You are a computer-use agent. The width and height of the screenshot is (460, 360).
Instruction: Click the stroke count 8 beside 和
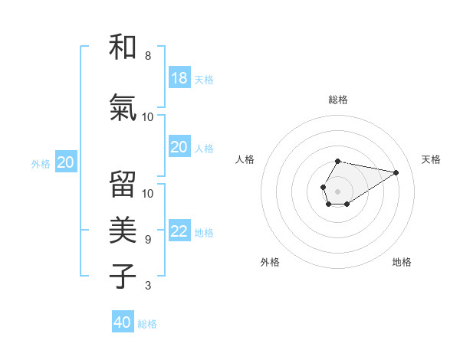[x=147, y=56]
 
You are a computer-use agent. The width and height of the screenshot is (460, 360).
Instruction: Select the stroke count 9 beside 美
[x=147, y=240]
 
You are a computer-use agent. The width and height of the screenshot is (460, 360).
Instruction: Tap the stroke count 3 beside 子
[x=147, y=286]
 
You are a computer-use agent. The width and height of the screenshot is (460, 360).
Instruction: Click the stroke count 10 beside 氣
[x=147, y=117]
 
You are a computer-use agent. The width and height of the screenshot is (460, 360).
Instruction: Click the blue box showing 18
[x=179, y=78]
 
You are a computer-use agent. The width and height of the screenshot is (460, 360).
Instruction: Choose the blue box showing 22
[x=179, y=232]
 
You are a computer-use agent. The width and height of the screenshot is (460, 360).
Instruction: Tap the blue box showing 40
[x=123, y=322]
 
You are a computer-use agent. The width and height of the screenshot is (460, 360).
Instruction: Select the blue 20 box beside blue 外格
[x=65, y=162]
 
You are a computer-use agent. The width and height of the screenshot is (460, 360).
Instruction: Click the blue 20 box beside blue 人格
[x=179, y=147]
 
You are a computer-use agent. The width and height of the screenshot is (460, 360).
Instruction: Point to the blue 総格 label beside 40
[x=147, y=324]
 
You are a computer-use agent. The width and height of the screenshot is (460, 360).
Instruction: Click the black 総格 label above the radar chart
[x=338, y=100]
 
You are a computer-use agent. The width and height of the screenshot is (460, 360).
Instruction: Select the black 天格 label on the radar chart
[x=431, y=159]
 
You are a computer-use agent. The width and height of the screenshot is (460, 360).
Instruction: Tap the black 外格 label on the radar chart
[x=270, y=262]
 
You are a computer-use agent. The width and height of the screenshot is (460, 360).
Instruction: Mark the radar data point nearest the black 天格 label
[x=396, y=172]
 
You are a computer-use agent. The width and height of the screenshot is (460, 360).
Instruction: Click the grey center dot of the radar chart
[x=337, y=191]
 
